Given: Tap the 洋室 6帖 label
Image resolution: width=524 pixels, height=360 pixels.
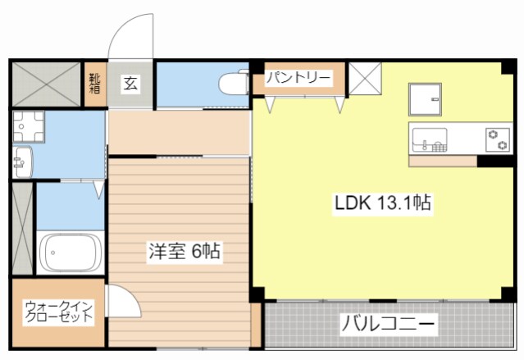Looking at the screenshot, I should (x=184, y=252).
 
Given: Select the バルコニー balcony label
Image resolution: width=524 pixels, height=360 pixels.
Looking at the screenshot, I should (x=388, y=324).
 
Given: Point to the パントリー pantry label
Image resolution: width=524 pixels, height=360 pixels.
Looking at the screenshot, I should (x=298, y=79).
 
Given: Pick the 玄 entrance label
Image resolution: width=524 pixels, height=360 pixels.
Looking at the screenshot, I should (x=131, y=83).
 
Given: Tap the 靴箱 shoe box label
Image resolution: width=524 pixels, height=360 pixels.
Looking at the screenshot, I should (x=95, y=84).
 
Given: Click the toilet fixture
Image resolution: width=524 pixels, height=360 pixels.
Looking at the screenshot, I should (x=235, y=83).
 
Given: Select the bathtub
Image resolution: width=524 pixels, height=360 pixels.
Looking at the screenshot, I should (x=69, y=253).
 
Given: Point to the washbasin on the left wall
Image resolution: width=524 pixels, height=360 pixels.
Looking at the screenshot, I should (x=21, y=161).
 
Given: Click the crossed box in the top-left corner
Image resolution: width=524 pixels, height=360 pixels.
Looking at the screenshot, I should (x=44, y=83).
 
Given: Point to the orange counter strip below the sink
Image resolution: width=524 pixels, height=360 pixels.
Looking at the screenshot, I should (x=442, y=160).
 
